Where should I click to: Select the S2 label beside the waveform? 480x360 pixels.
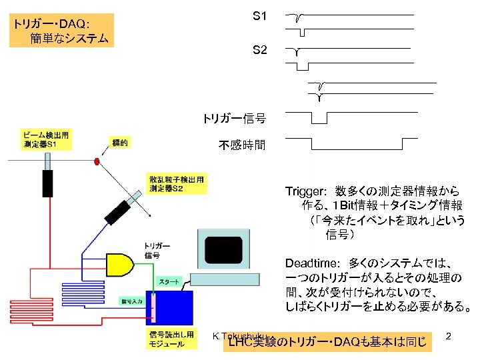pyautogui.click(x=260, y=49)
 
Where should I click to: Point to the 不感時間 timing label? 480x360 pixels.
pyautogui.click(x=242, y=145)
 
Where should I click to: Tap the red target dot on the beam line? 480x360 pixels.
pyautogui.click(x=96, y=161)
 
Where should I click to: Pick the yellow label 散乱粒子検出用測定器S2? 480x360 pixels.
pyautogui.click(x=176, y=184)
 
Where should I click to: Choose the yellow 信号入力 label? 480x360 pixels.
pyautogui.click(x=132, y=301)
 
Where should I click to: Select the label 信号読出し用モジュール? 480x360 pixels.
pyautogui.click(x=171, y=339)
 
